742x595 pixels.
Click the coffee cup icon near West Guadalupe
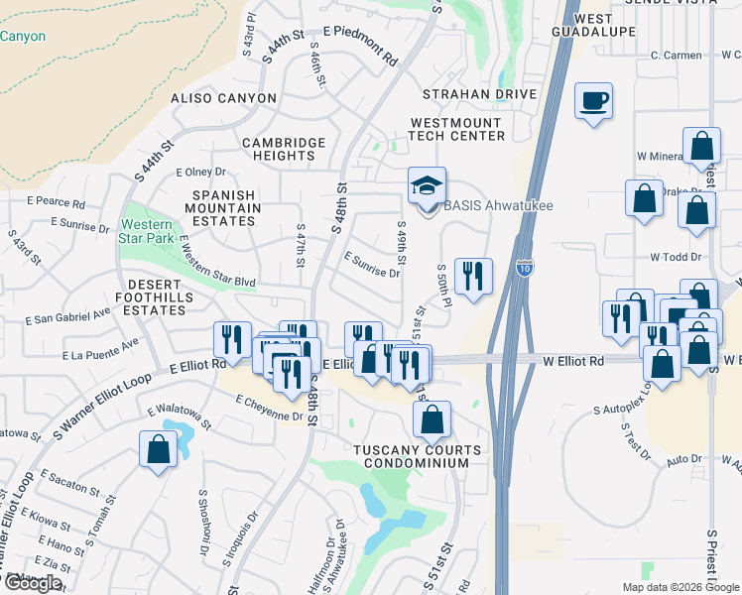tap(593, 101)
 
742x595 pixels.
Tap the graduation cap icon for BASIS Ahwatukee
tap(428, 186)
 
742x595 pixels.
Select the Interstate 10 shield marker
tap(523, 268)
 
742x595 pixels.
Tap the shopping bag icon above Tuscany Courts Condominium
tap(433, 419)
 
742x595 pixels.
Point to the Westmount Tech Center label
tap(458, 129)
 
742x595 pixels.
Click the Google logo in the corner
tap(33, 583)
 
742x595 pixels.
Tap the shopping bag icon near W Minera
tap(701, 146)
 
